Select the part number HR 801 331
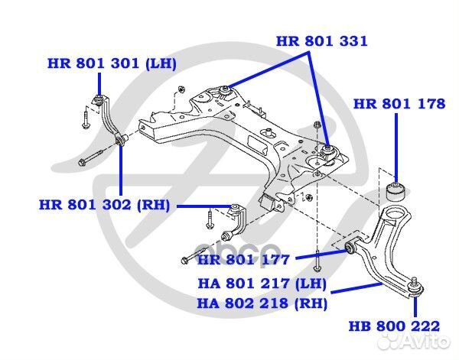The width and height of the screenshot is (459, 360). coord(321,41)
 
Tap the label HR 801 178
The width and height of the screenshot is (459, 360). coord(399,103)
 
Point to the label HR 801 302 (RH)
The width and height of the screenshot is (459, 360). coord(106,205)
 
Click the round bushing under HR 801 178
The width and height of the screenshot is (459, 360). coord(399,190)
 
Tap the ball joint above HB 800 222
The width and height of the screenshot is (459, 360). coord(414,289)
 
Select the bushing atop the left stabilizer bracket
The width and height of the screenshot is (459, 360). coord(99,98)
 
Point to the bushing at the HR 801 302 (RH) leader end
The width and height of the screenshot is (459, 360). coord(236,208)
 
